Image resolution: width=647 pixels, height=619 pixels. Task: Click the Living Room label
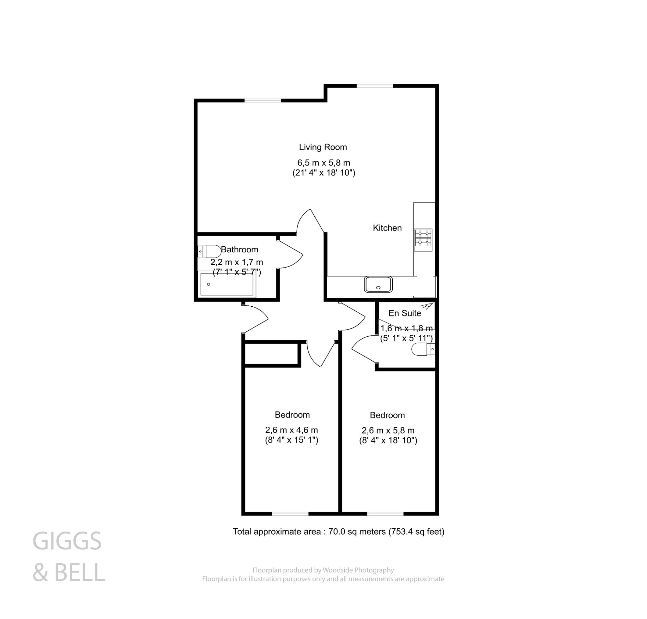pyautogui.click(x=323, y=147)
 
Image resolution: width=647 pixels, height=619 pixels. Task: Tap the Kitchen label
pyautogui.click(x=387, y=228)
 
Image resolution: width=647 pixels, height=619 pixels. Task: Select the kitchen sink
pyautogui.click(x=378, y=285)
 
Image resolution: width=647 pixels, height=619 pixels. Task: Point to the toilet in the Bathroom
pyautogui.click(x=210, y=251)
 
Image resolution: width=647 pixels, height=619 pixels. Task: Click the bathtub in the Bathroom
pyautogui.click(x=227, y=285)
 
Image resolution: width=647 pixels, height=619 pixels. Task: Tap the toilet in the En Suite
pyautogui.click(x=423, y=349)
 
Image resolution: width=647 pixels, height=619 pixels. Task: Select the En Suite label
pyautogui.click(x=405, y=313)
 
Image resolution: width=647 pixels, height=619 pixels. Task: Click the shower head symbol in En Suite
pyautogui.click(x=428, y=306)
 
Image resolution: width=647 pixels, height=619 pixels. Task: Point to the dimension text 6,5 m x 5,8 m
pyautogui.click(x=323, y=163)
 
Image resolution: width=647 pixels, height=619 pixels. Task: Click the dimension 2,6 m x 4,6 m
pyautogui.click(x=292, y=430)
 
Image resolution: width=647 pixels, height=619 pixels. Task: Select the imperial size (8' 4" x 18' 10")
pyautogui.click(x=388, y=441)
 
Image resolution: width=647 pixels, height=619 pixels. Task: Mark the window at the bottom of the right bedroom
pyautogui.click(x=385, y=514)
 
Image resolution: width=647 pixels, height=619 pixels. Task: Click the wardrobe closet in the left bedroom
pyautogui.click(x=271, y=354)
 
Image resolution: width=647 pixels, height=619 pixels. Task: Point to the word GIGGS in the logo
pyautogui.click(x=67, y=541)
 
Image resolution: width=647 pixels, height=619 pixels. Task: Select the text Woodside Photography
pyautogui.click(x=358, y=570)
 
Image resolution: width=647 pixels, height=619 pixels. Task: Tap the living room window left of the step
pyautogui.click(x=263, y=100)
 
